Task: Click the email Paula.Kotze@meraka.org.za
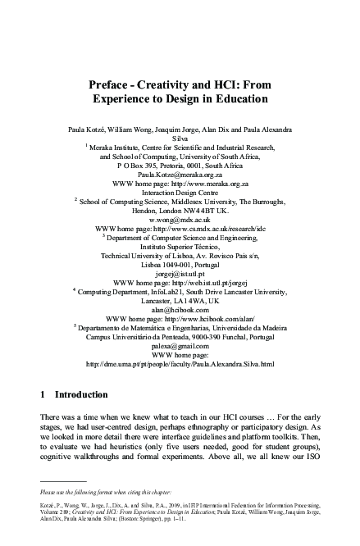pyautogui.click(x=180, y=175)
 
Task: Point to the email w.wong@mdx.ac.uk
pyautogui.click(x=180, y=220)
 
